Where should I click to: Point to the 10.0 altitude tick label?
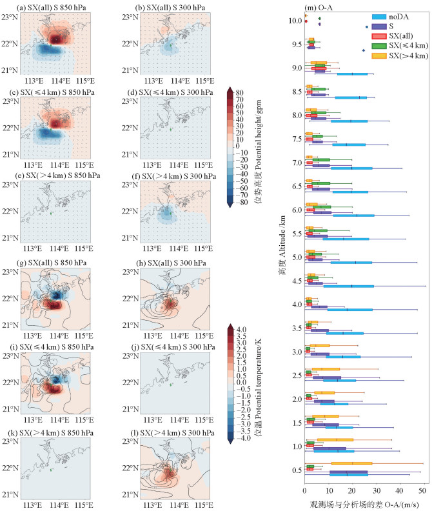293,21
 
